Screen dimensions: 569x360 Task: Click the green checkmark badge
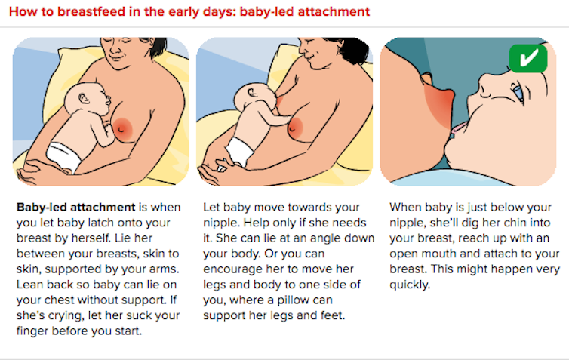tap(528, 58)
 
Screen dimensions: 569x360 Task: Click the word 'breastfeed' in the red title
tap(86, 11)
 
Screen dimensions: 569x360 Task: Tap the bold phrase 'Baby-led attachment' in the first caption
tap(76, 208)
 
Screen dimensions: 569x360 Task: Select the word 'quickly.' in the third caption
tap(410, 285)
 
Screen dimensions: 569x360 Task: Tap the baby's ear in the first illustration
tap(85, 98)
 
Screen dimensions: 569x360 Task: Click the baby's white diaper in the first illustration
tap(65, 156)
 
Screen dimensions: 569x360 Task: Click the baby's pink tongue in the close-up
tap(460, 128)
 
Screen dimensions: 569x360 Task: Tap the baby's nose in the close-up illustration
tap(485, 85)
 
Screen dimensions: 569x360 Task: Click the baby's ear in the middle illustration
tap(251, 93)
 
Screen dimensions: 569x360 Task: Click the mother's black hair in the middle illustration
tap(352, 50)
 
